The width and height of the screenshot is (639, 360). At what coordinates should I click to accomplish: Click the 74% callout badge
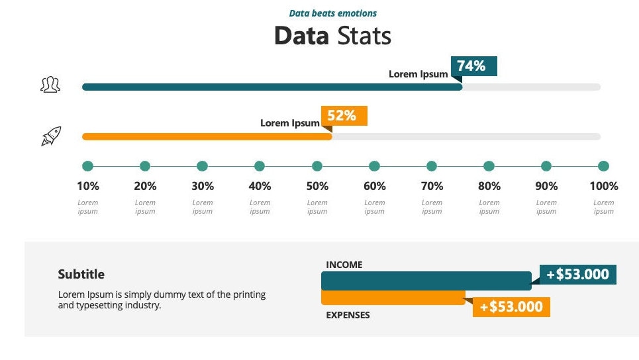coord(473,66)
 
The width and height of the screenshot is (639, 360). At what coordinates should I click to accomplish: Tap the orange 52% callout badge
coord(344,116)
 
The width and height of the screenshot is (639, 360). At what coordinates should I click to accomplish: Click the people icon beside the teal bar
coord(50,85)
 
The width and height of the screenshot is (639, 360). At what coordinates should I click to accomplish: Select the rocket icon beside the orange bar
coord(51,136)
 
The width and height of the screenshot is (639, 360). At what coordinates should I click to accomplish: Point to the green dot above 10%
coord(88,166)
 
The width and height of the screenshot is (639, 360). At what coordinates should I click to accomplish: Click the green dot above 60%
coord(374,166)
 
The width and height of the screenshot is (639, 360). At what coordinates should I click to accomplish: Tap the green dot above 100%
coord(603,166)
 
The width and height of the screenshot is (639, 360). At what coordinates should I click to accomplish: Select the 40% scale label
coord(260,186)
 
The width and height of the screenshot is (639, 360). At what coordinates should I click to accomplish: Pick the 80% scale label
coord(489,186)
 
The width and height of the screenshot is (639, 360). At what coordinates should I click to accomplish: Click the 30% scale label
coord(203,186)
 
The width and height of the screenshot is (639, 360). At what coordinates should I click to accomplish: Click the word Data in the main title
coord(301,35)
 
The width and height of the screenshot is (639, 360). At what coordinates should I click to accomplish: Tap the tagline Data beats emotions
coord(333,13)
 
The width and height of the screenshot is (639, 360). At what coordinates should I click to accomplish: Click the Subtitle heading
coord(81,274)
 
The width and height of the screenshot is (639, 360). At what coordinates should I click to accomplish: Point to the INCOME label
coord(344,265)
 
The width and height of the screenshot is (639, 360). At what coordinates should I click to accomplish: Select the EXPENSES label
coord(348,315)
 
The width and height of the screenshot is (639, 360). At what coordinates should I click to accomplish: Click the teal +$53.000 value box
coord(578,274)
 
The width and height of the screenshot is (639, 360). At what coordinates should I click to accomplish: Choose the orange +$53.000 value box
coord(511,306)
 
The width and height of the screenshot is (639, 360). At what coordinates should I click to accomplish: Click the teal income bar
coord(426,281)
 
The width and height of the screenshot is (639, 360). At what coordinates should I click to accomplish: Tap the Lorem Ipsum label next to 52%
coord(289,123)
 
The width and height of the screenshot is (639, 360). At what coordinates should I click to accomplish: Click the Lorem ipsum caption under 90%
coord(546,207)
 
